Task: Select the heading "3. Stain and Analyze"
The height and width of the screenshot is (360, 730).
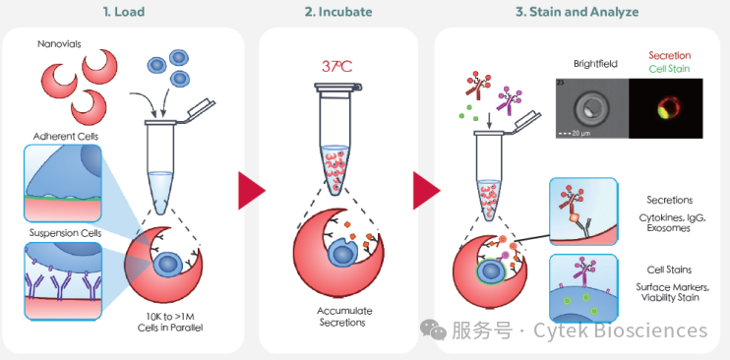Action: click(x=577, y=12)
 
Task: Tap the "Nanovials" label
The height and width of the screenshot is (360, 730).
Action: click(x=60, y=43)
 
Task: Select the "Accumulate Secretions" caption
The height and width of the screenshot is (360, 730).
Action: click(x=341, y=316)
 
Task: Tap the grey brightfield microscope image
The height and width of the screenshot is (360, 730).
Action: click(x=590, y=109)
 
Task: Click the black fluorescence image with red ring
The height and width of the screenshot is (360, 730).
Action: click(x=670, y=109)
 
